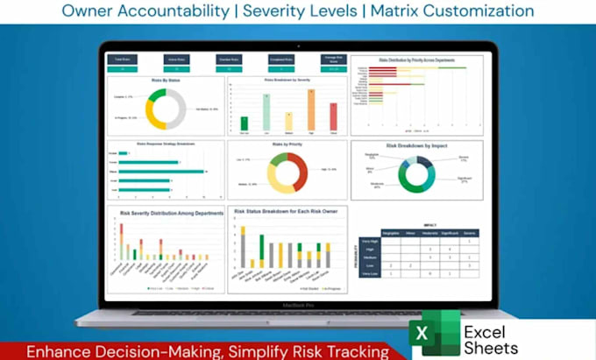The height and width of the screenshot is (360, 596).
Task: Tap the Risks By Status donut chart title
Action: [165, 80]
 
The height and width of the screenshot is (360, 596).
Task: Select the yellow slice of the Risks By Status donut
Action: [153, 117]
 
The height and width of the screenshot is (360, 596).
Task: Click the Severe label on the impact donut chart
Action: [462, 159]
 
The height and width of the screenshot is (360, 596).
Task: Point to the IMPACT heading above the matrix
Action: [430, 225]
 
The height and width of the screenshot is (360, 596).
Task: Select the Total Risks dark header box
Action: [123, 60]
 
